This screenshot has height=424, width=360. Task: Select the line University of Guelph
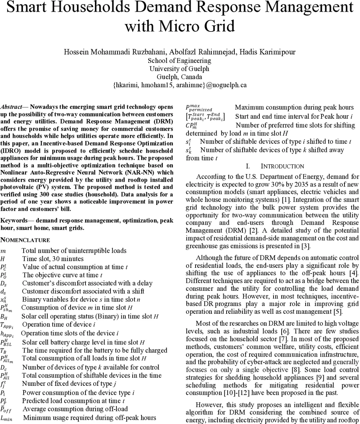point(179,69)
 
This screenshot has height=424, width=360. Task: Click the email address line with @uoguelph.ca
point(180,85)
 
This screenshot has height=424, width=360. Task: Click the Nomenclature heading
point(25,240)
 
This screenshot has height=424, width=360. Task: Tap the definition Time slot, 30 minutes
point(53,259)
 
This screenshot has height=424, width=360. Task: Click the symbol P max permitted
point(199,107)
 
